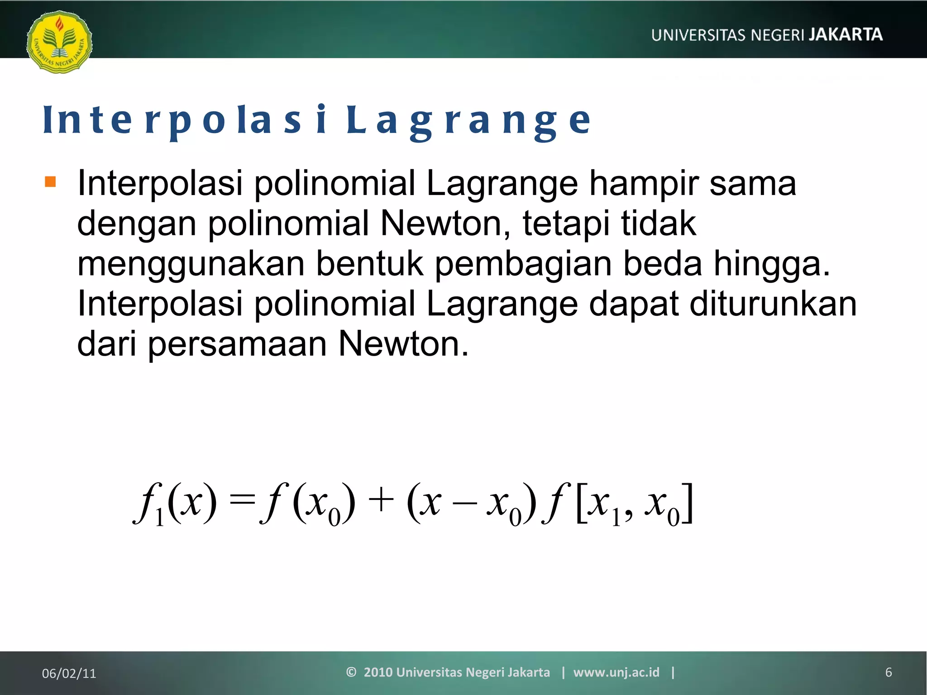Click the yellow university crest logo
pyautogui.click(x=59, y=42)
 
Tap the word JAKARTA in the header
pyautogui.click(x=846, y=35)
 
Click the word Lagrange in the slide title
pyautogui.click(x=468, y=121)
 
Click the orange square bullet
pyautogui.click(x=50, y=182)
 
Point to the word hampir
pyautogui.click(x=643, y=184)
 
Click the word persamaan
pyautogui.click(x=237, y=344)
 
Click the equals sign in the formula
pyautogui.click(x=243, y=501)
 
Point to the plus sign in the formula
pyautogui.click(x=381, y=501)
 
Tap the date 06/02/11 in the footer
pyautogui.click(x=69, y=673)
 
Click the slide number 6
pyautogui.click(x=888, y=672)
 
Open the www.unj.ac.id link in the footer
pyautogui.click(x=616, y=672)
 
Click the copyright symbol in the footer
pyautogui.click(x=351, y=672)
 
